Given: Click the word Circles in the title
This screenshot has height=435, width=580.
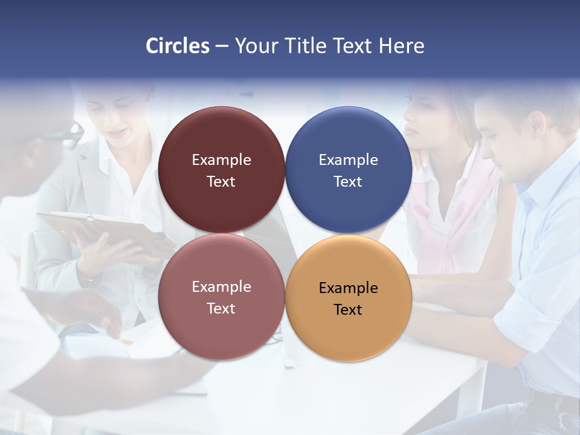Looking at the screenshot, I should (178, 46).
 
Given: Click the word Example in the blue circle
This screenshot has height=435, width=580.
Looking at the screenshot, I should (349, 159).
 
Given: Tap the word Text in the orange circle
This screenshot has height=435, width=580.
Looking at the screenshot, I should (348, 309).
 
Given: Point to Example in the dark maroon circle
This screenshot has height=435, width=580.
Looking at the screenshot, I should (221, 159).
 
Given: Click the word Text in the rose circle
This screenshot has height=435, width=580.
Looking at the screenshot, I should (221, 308).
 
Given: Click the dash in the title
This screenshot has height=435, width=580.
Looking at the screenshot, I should (222, 46).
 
